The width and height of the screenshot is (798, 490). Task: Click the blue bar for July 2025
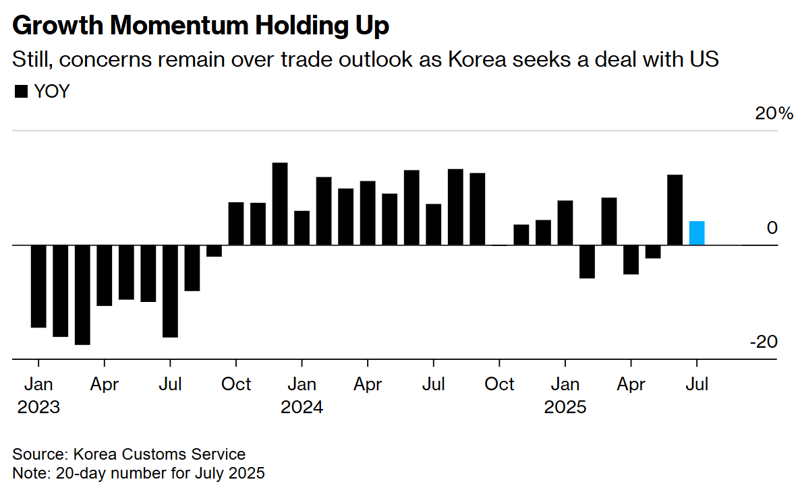click(x=697, y=233)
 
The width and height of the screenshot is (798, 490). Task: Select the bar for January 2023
click(x=38, y=286)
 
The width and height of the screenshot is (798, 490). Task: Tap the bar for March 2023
click(x=82, y=295)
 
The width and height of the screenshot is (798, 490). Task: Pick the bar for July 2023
click(x=170, y=290)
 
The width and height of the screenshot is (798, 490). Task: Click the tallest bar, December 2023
click(x=280, y=204)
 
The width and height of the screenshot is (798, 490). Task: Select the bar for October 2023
click(x=236, y=223)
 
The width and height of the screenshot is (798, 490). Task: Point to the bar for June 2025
click(x=675, y=210)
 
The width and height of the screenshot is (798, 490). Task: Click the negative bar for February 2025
click(x=587, y=262)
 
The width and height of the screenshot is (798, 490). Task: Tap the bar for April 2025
click(x=631, y=259)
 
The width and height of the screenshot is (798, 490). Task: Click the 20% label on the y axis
click(x=774, y=113)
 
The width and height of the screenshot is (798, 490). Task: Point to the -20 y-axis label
click(x=763, y=342)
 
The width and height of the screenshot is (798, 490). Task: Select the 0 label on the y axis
click(x=772, y=228)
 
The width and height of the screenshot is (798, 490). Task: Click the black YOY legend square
click(x=21, y=92)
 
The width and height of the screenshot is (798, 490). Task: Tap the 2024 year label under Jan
click(x=302, y=408)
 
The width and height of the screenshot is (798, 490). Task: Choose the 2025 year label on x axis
click(x=565, y=408)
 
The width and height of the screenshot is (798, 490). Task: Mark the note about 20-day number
click(x=138, y=472)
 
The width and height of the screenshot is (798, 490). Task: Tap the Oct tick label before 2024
click(x=236, y=385)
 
